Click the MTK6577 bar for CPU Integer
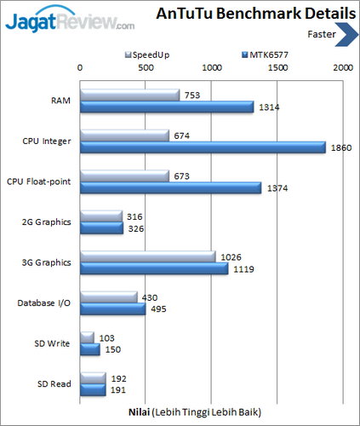coord(203,147)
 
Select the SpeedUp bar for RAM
coord(129,95)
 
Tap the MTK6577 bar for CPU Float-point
coord(170,187)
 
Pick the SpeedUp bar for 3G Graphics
coord(147,256)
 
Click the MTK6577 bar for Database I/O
coord(112,309)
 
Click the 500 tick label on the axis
coord(146,67)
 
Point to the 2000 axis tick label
coord(342,67)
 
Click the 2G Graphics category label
coord(46,222)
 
